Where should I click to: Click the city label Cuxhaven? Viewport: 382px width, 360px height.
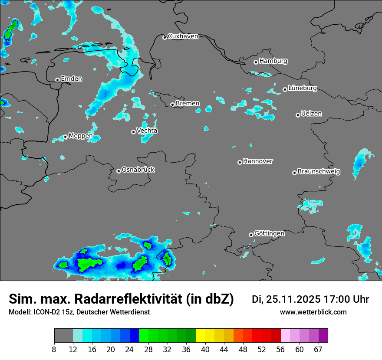(x=183, y=36)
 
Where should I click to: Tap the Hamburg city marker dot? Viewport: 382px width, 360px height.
(x=256, y=62)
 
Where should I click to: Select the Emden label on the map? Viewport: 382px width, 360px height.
(x=71, y=79)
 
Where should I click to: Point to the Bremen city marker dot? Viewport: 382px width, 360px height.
(x=172, y=105)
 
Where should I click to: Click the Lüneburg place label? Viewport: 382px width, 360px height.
(x=303, y=88)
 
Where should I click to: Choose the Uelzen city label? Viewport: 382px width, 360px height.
(x=311, y=114)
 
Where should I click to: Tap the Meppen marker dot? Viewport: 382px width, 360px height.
(x=65, y=137)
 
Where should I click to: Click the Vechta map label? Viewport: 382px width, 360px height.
(x=147, y=131)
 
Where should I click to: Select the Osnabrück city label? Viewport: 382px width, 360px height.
(x=138, y=170)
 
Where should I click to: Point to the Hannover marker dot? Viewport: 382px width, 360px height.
(x=240, y=162)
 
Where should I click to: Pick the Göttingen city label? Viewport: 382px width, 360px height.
(x=269, y=233)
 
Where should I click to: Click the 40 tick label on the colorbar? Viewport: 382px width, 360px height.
(x=205, y=349)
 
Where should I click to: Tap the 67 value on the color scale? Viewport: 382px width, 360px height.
(x=318, y=349)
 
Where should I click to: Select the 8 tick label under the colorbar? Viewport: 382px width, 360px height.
(x=54, y=349)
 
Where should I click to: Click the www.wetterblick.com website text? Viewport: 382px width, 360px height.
(x=313, y=312)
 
